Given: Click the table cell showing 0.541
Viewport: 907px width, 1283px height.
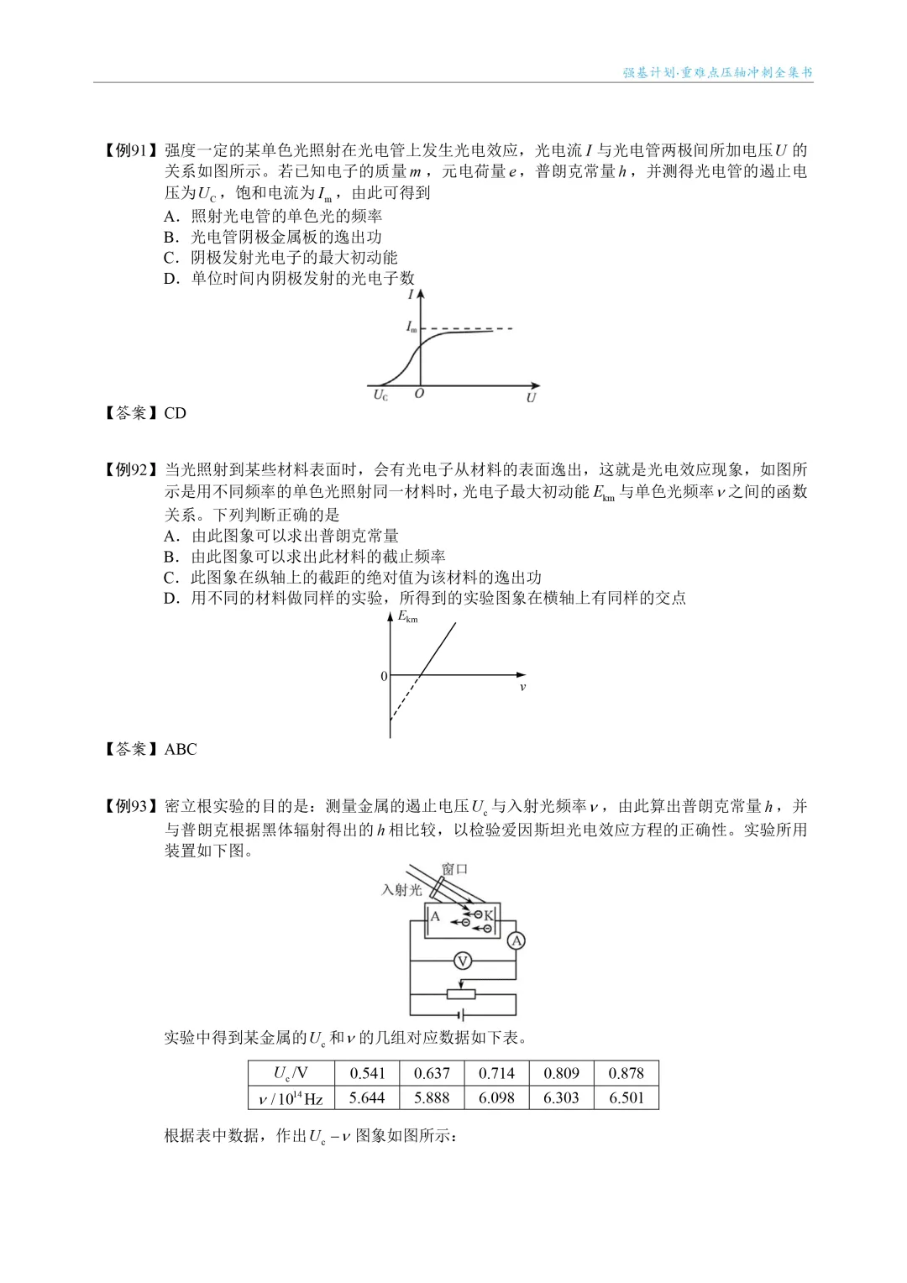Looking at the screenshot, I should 367,1073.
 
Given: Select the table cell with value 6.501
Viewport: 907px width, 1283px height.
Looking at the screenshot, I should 627,1097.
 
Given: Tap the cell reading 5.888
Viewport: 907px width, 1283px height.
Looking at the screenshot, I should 432,1097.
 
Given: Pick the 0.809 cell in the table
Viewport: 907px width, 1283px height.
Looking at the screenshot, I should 561,1073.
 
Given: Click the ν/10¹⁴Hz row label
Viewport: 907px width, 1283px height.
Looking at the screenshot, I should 291,1098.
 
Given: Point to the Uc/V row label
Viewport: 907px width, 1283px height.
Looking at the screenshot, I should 291,1073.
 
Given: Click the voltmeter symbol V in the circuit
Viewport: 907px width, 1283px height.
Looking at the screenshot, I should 462,961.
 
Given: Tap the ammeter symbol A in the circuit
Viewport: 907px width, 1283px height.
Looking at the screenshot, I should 516,940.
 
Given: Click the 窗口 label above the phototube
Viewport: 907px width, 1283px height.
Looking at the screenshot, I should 454,869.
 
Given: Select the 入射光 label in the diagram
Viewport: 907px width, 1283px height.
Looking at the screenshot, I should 401,890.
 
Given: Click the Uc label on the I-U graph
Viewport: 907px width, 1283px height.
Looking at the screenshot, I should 380,395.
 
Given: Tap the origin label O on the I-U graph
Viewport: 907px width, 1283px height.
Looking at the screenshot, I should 419,394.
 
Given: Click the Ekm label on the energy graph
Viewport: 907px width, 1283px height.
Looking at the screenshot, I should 407,617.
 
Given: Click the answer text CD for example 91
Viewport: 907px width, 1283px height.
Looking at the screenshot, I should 175,413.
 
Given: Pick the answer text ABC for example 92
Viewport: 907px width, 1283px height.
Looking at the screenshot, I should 181,749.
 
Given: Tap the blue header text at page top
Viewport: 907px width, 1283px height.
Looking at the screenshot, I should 717,72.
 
